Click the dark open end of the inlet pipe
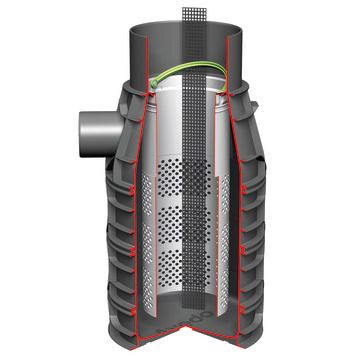[x=77, y=128]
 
